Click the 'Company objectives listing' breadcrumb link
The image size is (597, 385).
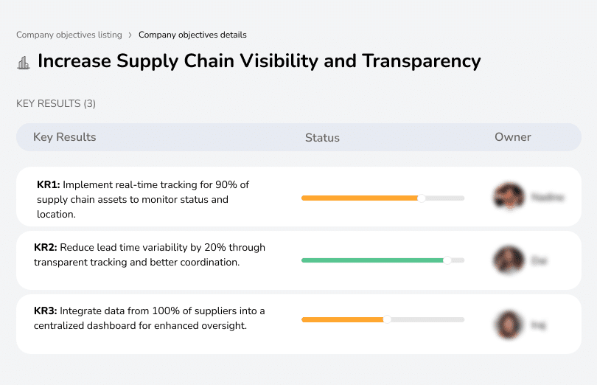70,35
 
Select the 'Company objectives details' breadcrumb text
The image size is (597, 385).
192,35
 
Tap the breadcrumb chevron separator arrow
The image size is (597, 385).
130,35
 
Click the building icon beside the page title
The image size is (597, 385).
24,62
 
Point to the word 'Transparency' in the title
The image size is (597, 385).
421,60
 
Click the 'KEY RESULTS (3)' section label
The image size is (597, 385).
56,104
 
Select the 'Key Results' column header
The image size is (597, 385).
65,137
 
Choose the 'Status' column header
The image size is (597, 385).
322,138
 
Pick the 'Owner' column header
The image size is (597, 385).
513,137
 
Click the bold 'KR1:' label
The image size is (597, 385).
49,184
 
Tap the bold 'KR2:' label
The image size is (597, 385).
46,247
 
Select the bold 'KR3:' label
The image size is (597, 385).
46,311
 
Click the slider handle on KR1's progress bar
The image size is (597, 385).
422,198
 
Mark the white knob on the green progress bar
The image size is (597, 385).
447,260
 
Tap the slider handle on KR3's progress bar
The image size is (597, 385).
387,319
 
